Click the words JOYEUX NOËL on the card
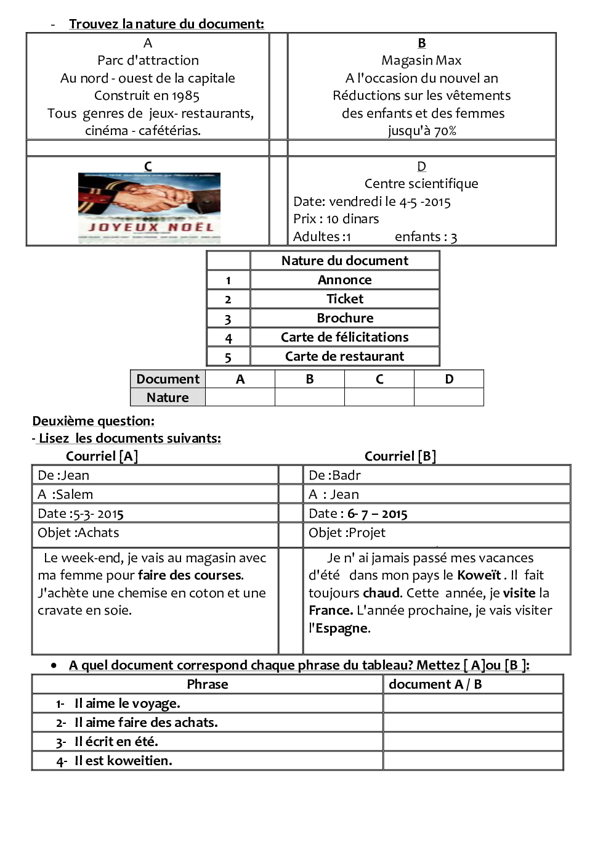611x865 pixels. pos(151,228)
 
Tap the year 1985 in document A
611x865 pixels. pos(185,96)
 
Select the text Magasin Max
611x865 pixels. pos(421,60)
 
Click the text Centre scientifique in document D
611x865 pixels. pos(421,184)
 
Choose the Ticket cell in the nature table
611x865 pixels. pos(345,299)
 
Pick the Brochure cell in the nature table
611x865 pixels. pos(345,318)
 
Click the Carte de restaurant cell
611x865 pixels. pos(345,356)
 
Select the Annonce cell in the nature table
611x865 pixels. pos(345,280)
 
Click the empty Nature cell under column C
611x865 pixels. pos(379,398)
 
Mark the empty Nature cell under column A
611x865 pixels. pos(240,398)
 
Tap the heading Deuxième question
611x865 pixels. pos(93,421)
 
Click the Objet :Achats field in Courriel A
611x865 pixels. pos(78,533)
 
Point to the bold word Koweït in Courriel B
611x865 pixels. pos(479,575)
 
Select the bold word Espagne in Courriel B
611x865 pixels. pos(342,629)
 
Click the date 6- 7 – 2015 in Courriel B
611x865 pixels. pos(378,514)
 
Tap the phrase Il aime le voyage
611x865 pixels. pos(127,703)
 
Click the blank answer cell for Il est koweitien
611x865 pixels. pos(473,761)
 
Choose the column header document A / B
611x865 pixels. pos(435,684)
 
